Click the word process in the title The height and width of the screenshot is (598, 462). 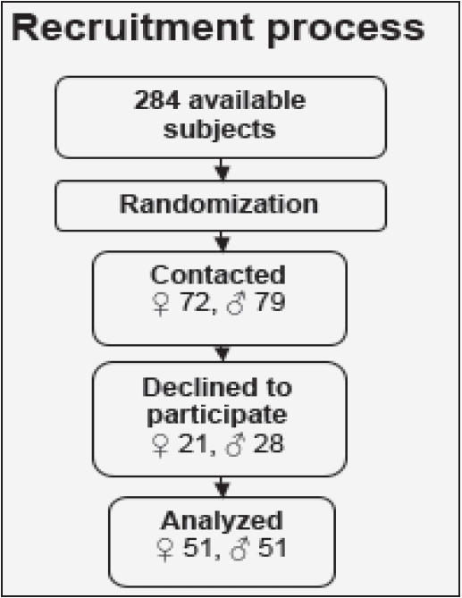click(x=346, y=31)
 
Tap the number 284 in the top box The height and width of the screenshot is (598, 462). click(x=156, y=100)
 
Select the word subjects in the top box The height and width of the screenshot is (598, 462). click(x=220, y=131)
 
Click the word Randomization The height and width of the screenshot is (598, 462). click(x=218, y=204)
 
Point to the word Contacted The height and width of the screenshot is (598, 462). click(x=218, y=274)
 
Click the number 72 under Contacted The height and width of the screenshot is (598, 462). click(x=195, y=302)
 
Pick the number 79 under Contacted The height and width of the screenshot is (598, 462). click(x=270, y=302)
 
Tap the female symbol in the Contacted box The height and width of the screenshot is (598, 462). click(x=161, y=304)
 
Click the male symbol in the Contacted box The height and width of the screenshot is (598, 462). click(x=235, y=303)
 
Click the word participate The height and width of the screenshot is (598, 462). click(x=217, y=416)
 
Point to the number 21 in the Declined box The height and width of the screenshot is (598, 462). click(x=193, y=444)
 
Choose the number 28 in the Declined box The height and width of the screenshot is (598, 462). click(x=268, y=444)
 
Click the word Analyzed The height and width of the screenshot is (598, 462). click(x=223, y=521)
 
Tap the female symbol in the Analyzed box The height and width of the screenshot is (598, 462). click(x=164, y=550)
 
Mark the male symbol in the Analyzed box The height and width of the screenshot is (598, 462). click(x=239, y=549)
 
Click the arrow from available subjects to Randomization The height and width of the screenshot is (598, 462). click(x=223, y=169)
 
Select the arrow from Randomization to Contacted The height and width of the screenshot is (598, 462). click(x=223, y=241)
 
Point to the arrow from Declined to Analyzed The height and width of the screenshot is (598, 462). click(x=223, y=486)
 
